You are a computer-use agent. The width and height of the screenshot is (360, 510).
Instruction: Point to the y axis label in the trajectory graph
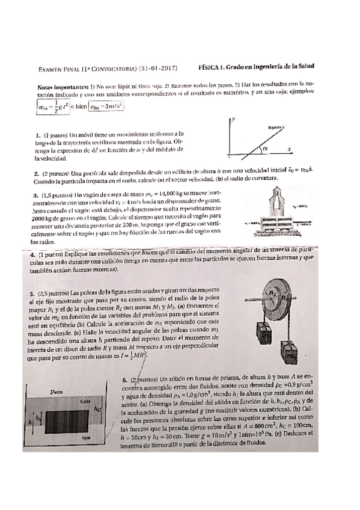(233, 120)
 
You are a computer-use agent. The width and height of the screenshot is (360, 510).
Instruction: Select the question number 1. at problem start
(37, 136)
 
